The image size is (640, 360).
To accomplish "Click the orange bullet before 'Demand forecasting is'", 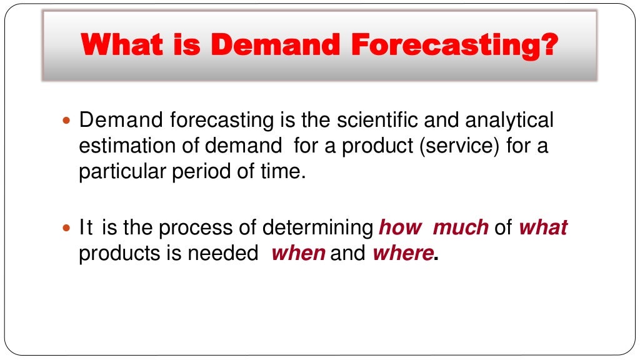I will coord(68,119).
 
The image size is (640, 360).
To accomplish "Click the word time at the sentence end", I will coord(286,172).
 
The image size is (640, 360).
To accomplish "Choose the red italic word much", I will coord(461,227).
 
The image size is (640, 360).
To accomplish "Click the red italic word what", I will coord(542,227).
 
